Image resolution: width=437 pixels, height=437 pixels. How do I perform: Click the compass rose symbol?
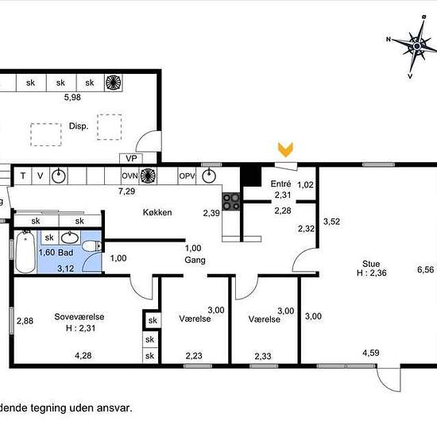417,46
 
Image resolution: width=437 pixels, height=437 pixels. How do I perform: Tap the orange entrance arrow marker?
285,149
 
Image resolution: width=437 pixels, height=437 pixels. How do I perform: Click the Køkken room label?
157,212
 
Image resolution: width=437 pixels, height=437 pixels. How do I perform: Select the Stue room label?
371,264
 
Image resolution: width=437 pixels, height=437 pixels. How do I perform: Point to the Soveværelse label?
79,316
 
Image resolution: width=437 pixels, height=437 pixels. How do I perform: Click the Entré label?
280,184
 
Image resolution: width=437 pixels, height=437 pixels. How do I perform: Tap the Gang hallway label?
195,261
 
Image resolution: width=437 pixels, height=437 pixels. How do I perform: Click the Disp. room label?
79,126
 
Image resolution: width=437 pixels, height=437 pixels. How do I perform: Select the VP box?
131,158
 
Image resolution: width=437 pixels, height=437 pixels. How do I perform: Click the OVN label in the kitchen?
130,176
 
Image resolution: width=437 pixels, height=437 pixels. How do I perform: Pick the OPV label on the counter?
187,176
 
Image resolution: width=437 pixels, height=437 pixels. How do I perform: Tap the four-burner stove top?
231,202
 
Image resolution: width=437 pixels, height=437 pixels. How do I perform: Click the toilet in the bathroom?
91,246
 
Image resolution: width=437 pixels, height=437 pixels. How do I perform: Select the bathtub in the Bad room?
25,251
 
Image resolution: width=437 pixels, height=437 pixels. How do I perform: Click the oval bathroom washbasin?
70,238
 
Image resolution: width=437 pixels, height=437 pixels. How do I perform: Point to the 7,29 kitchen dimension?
127,191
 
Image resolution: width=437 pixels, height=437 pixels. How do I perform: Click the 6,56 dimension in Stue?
426,269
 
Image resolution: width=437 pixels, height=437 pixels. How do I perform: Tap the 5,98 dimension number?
72,97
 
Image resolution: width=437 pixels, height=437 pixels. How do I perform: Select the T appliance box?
23,176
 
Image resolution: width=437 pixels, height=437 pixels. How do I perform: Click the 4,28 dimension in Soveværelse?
83,356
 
